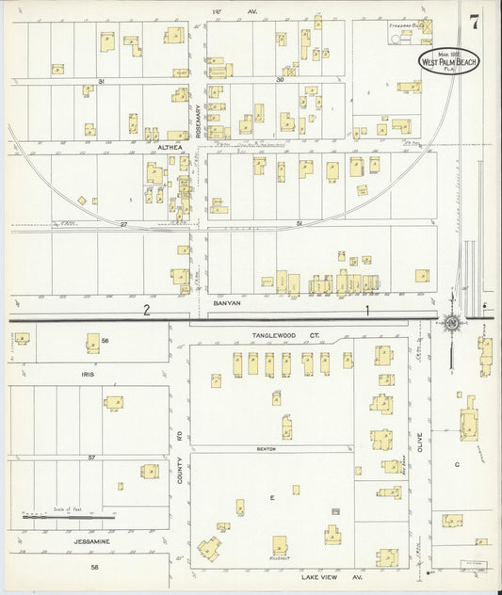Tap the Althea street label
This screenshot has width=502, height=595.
[x=171, y=147]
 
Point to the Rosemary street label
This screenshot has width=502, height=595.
[x=198, y=121]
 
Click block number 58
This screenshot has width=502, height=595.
[x=94, y=567]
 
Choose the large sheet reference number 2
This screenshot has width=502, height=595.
[x=147, y=309]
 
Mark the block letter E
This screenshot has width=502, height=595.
[x=273, y=496]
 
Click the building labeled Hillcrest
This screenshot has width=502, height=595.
[x=280, y=546]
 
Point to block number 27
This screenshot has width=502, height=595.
[x=122, y=224]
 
